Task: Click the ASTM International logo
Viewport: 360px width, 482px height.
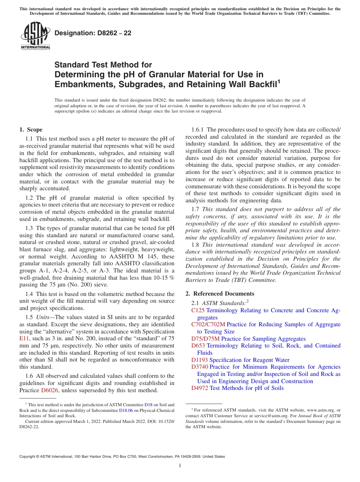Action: coord(35,36)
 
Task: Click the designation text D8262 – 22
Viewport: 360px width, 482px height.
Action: coord(93,33)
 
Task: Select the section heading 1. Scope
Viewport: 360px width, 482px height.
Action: coord(31,130)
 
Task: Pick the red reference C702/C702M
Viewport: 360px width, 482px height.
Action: coord(208,324)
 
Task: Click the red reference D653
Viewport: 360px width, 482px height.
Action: coord(198,346)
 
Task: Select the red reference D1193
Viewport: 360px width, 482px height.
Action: coord(199,360)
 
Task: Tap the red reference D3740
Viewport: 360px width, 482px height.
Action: coord(199,367)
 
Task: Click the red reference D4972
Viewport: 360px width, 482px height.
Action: coord(199,388)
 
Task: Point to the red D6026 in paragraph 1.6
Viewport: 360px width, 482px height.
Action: coord(50,390)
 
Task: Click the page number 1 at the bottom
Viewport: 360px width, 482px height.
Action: coord(180,466)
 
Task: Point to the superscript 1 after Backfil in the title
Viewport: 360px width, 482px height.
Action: coord(279,81)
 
